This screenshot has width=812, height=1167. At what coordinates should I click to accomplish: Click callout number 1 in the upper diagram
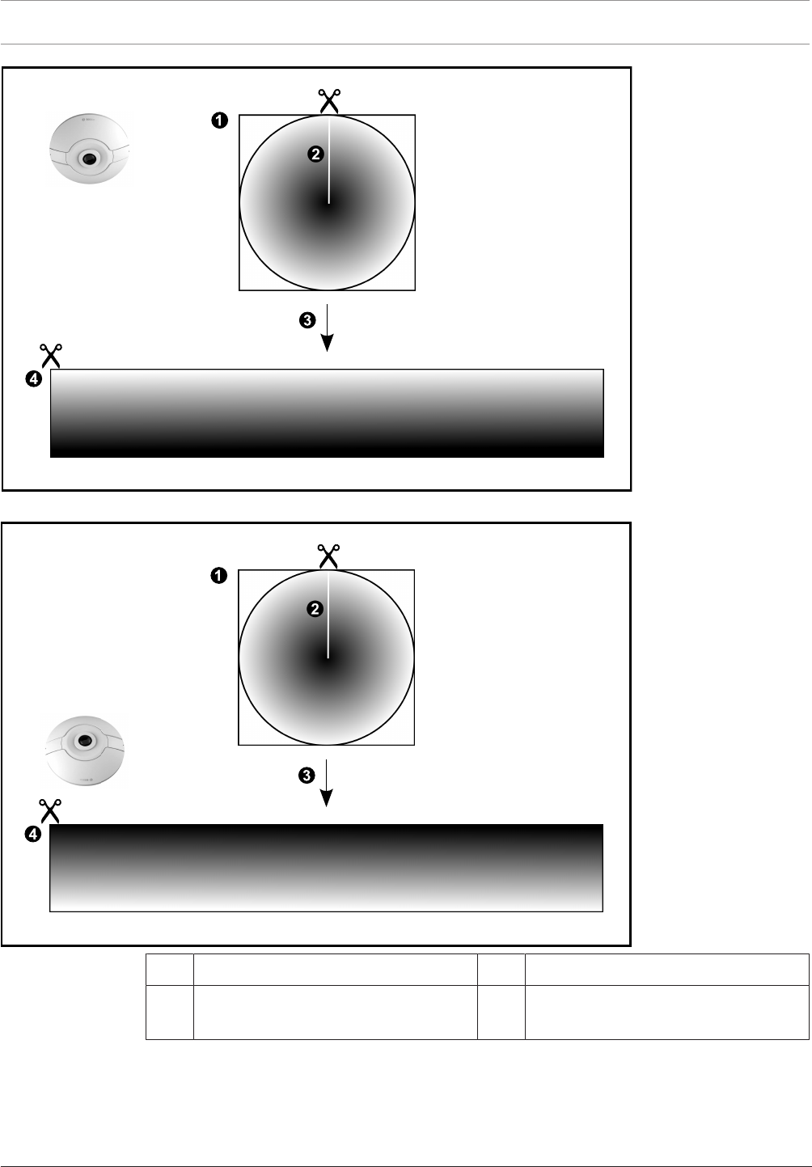coord(218,121)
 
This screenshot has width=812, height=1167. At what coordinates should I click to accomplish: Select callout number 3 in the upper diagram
coord(307,320)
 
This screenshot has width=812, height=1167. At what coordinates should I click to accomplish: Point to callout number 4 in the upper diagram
coord(32,381)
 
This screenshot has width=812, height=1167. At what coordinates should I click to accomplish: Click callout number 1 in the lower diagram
coord(218,576)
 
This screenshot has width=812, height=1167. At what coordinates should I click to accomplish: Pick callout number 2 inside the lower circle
coord(315,609)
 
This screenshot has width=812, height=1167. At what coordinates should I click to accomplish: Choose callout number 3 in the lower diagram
coord(307,776)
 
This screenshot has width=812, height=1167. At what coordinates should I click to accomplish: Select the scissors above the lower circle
coord(328,556)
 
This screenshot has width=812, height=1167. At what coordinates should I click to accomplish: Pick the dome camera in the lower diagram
coord(84,748)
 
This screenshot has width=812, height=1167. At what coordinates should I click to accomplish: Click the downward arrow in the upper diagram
coord(327,328)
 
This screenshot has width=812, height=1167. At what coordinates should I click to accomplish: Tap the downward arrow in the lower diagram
coord(327,783)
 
